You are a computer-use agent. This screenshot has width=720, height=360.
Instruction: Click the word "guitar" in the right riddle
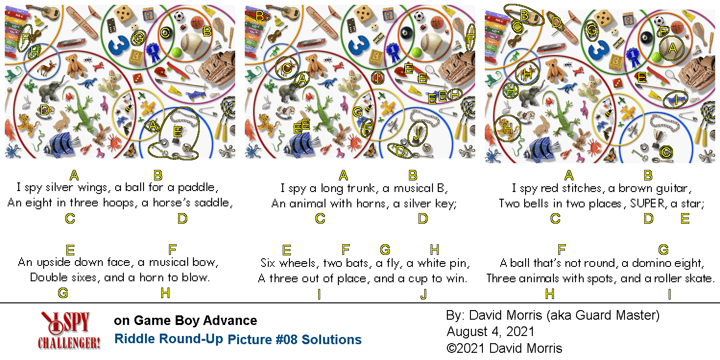[673, 188]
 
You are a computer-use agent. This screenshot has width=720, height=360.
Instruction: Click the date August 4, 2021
[491, 331]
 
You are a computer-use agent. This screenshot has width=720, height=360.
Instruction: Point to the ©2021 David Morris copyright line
[504, 348]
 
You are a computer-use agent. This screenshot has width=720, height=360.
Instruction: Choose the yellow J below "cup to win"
[424, 294]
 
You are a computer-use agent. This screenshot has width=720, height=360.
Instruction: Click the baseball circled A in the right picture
[672, 48]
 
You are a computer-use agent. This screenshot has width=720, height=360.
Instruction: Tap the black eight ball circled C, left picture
[165, 33]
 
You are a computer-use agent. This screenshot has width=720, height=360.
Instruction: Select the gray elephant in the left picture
[51, 89]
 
